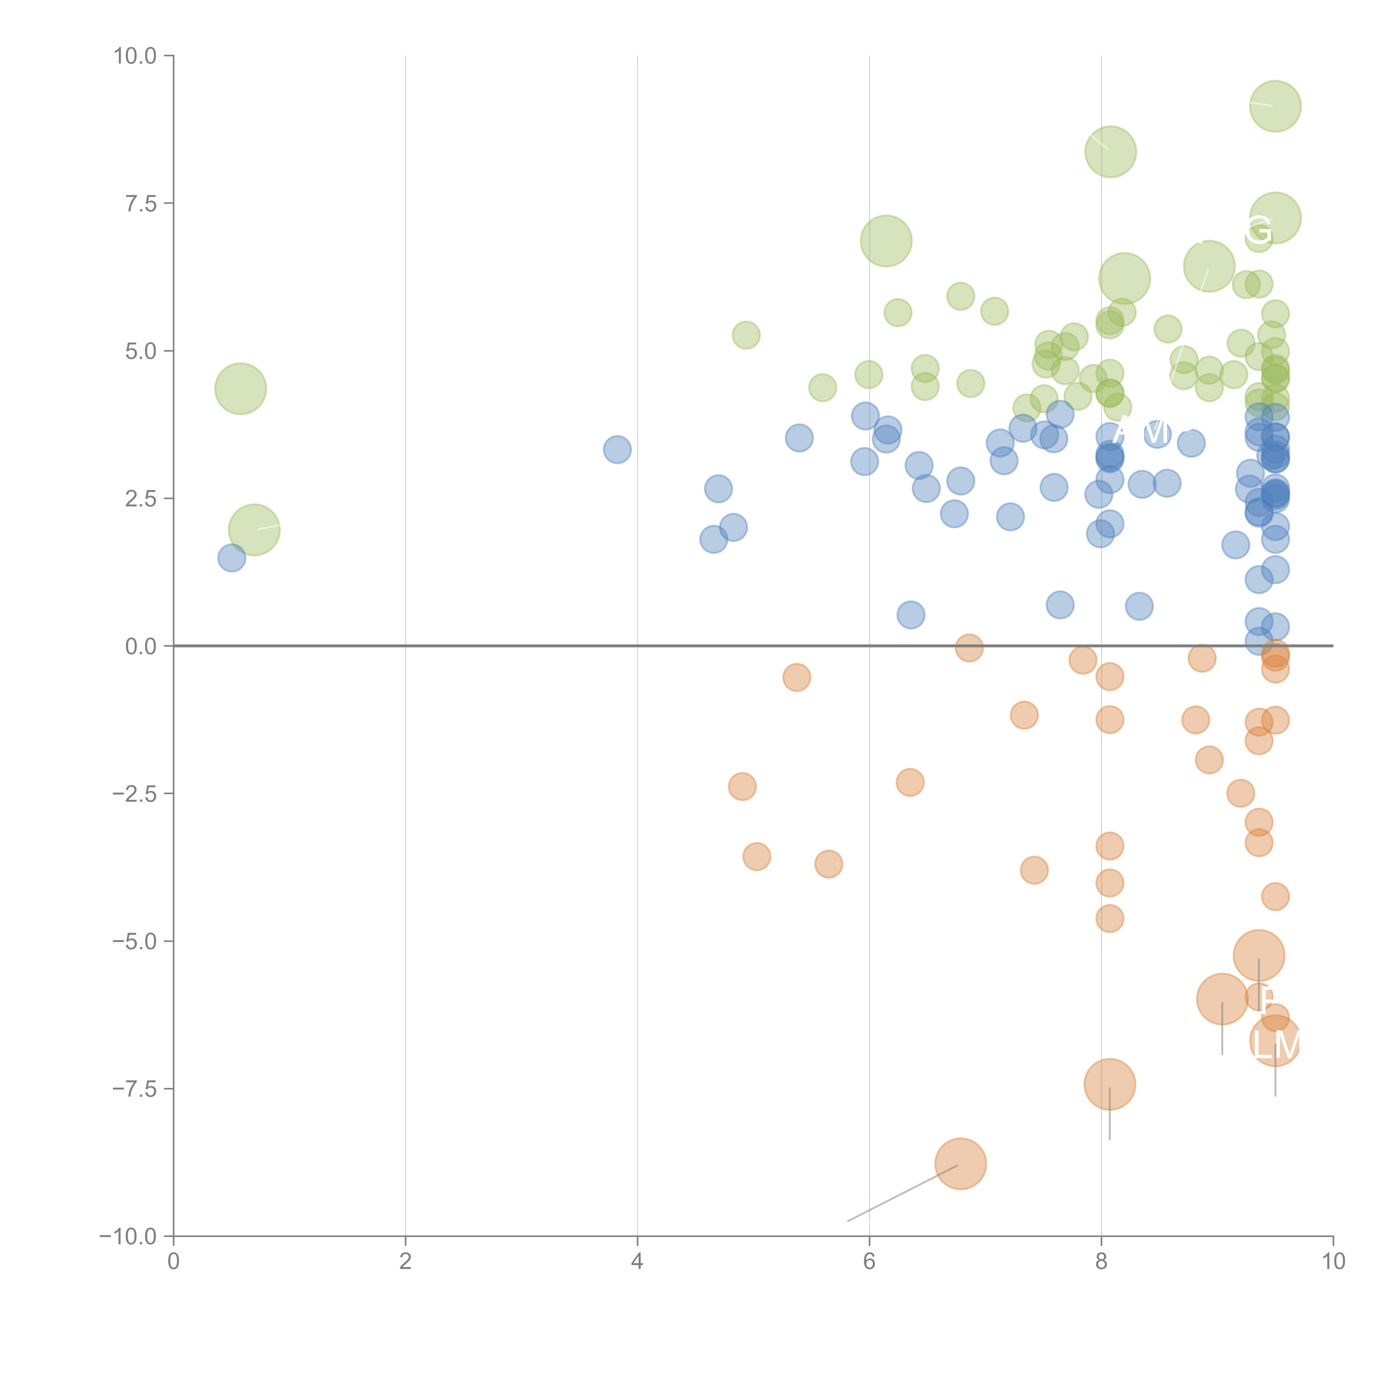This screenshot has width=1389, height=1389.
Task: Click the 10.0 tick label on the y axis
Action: coord(135,56)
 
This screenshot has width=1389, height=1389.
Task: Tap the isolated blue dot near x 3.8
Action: coord(617,450)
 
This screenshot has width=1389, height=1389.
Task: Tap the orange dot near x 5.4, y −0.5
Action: coord(796,677)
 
